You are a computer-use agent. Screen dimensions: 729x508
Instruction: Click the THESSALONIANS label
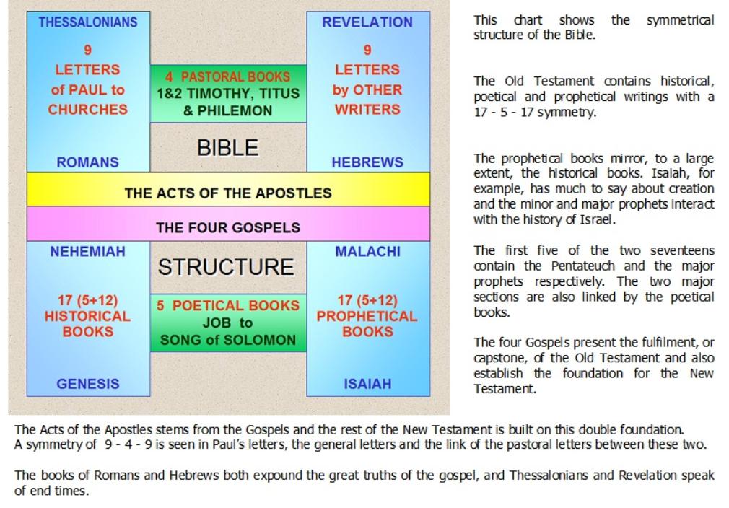[x=88, y=22]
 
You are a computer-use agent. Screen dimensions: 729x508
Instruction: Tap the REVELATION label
[x=367, y=22]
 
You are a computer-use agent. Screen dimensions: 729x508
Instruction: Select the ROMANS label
[x=88, y=162]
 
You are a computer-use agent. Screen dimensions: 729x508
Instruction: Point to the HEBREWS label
[x=367, y=162]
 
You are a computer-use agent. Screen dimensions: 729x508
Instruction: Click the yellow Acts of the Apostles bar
[x=228, y=189]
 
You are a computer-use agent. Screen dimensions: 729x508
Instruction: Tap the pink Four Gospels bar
[x=228, y=224]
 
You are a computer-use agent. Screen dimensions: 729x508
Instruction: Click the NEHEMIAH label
[x=88, y=251]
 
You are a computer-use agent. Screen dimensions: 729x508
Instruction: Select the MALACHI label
[x=368, y=251]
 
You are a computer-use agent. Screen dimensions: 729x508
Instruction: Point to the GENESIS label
[x=88, y=384]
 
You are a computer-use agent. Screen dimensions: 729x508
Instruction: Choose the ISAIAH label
[x=368, y=384]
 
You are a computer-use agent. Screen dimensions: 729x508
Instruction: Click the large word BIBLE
[x=228, y=148]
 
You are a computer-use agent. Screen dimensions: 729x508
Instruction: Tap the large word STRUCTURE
[x=226, y=267]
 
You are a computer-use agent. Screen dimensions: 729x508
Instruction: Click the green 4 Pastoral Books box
[x=228, y=93]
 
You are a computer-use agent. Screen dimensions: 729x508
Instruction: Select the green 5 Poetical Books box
[x=228, y=323]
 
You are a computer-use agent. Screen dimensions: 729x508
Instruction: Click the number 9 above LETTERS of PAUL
[x=88, y=50]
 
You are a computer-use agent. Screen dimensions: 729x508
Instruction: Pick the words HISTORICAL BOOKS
[x=88, y=324]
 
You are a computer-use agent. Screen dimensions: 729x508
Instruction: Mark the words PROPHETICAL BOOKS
[x=367, y=324]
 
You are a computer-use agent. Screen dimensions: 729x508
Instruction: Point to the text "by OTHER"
[x=367, y=89]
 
